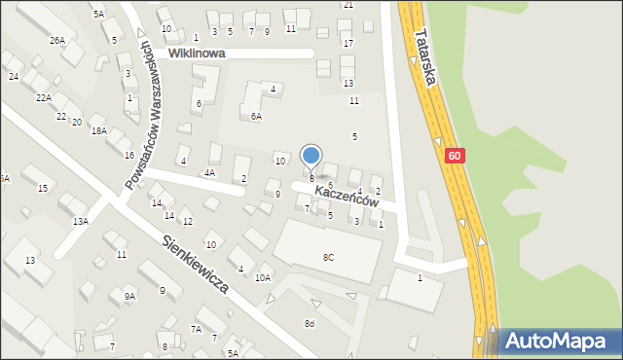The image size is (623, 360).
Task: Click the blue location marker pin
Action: pos(311,156)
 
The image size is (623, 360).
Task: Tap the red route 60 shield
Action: pos(455,156)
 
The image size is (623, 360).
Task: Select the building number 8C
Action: pos(328,257)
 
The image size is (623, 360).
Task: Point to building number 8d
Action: pos(310,323)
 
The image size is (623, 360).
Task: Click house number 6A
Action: pos(256,116)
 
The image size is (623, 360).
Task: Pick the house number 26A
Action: pos(58,40)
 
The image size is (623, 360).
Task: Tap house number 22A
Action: pos(44,97)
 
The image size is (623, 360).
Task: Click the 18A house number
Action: pos(98,130)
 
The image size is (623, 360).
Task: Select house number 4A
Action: pos(209,172)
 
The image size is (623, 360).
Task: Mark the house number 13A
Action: pos(81,221)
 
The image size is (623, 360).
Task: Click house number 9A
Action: pos(128,296)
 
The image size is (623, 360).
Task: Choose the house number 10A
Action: pos(262,278)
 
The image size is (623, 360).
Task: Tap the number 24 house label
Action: pos(14,76)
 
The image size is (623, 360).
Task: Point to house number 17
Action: pos(348,44)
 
